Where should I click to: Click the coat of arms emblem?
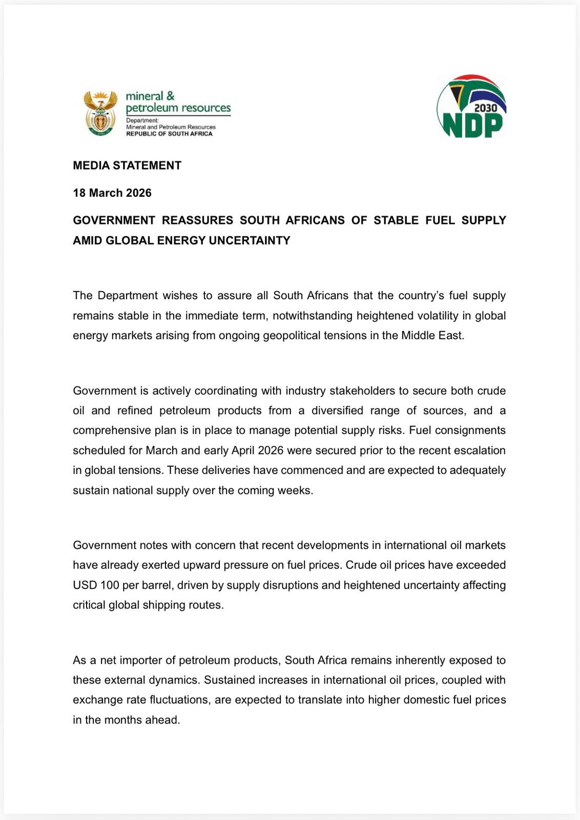100,113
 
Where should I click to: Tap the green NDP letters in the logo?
472,126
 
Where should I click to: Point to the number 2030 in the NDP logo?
485,108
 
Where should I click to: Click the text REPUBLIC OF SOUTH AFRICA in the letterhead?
169,134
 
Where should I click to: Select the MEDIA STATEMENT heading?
127,166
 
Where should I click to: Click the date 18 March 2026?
112,193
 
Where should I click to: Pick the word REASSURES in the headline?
197,220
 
